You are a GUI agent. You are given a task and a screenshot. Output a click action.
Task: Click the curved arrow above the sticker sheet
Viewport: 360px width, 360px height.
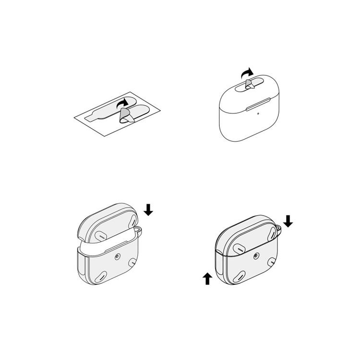(x=123, y=102)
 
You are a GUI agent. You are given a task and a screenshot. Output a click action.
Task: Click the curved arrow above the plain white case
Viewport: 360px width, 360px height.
(x=247, y=72)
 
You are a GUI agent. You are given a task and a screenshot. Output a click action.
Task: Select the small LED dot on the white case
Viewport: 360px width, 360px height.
(x=258, y=114)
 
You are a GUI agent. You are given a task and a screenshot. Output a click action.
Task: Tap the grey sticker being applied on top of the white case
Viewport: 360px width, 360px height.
(x=250, y=85)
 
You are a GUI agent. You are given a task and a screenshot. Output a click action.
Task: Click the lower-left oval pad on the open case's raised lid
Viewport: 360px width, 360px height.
(x=102, y=236)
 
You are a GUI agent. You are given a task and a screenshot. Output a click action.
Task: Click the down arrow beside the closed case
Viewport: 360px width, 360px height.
(x=288, y=221)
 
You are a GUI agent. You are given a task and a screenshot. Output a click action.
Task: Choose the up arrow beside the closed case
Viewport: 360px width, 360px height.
(x=207, y=278)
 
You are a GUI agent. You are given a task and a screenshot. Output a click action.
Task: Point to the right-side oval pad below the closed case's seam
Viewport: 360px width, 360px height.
(x=272, y=262)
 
